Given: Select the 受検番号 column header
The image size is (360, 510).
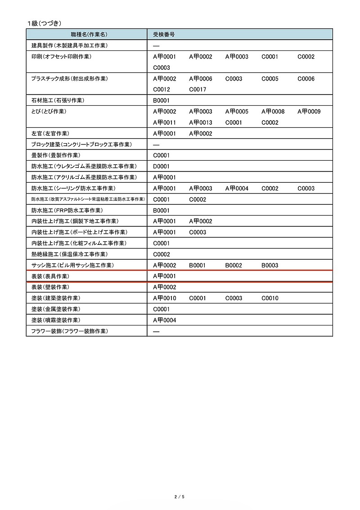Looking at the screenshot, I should click(x=164, y=34).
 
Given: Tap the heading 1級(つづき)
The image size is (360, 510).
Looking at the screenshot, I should click(x=44, y=23).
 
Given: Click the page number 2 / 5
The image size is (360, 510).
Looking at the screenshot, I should click(x=180, y=496).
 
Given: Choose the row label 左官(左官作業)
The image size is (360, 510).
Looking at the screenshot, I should click(x=50, y=134).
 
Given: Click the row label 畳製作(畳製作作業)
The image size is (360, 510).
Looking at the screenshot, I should click(x=56, y=155).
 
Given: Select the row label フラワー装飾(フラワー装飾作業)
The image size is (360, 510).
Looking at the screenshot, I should click(x=69, y=331).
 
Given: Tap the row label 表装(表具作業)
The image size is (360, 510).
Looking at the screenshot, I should click(x=50, y=276).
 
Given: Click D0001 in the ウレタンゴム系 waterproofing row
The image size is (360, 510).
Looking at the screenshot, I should click(x=162, y=167).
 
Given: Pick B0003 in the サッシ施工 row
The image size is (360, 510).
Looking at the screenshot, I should click(x=270, y=266).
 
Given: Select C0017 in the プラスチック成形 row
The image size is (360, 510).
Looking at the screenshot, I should click(x=198, y=90).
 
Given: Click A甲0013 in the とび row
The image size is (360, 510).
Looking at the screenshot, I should click(x=201, y=122).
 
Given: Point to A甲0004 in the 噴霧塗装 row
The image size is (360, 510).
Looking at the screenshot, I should click(x=165, y=320).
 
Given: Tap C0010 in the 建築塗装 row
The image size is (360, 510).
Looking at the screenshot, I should click(x=270, y=298).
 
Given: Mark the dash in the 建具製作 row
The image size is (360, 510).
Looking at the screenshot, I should click(x=157, y=46).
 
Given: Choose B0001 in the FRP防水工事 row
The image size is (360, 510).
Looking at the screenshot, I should click(x=162, y=211).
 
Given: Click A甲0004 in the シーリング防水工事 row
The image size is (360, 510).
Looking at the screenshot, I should click(x=237, y=189).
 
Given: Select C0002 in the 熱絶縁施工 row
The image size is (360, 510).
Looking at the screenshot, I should click(x=162, y=254).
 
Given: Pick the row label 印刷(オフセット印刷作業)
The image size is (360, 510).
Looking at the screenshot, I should click(x=61, y=57).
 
